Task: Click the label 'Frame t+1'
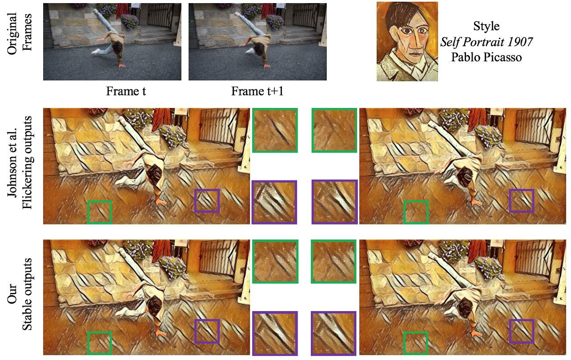pos(257,91)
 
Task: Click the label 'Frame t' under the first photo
pos(126,91)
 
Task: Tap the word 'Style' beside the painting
pos(487,26)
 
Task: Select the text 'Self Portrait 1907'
pos(487,42)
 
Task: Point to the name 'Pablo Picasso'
pos(487,57)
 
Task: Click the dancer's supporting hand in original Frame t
pos(122,65)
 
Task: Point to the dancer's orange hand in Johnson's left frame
pos(161,202)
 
